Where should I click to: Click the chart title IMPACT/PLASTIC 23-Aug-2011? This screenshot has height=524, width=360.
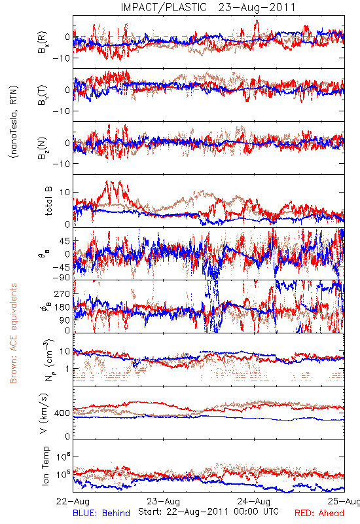(x=208, y=7)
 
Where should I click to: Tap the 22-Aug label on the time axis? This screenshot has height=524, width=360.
(x=73, y=501)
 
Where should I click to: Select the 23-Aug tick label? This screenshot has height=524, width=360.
(x=163, y=501)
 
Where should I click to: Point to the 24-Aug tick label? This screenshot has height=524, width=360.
(x=254, y=501)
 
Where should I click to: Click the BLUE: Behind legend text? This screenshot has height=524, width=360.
(x=101, y=513)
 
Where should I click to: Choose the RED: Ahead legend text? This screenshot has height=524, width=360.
(x=319, y=513)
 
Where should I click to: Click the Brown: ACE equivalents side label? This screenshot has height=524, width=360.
(x=13, y=333)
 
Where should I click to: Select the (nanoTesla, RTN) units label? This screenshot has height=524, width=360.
(x=14, y=121)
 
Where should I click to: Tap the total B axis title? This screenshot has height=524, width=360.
(x=48, y=201)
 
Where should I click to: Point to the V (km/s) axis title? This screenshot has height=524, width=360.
(x=44, y=413)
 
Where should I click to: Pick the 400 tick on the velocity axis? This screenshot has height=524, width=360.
(x=62, y=413)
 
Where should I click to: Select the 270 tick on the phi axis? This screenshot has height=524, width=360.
(x=62, y=293)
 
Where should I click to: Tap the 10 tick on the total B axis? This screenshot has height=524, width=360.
(x=65, y=192)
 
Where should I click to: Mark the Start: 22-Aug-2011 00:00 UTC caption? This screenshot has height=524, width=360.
(x=208, y=512)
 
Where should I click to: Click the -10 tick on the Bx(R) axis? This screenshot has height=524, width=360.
(x=61, y=58)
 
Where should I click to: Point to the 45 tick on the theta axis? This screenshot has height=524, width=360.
(x=65, y=241)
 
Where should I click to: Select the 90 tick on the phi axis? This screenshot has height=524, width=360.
(x=65, y=320)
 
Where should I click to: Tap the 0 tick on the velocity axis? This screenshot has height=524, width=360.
(x=67, y=436)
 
